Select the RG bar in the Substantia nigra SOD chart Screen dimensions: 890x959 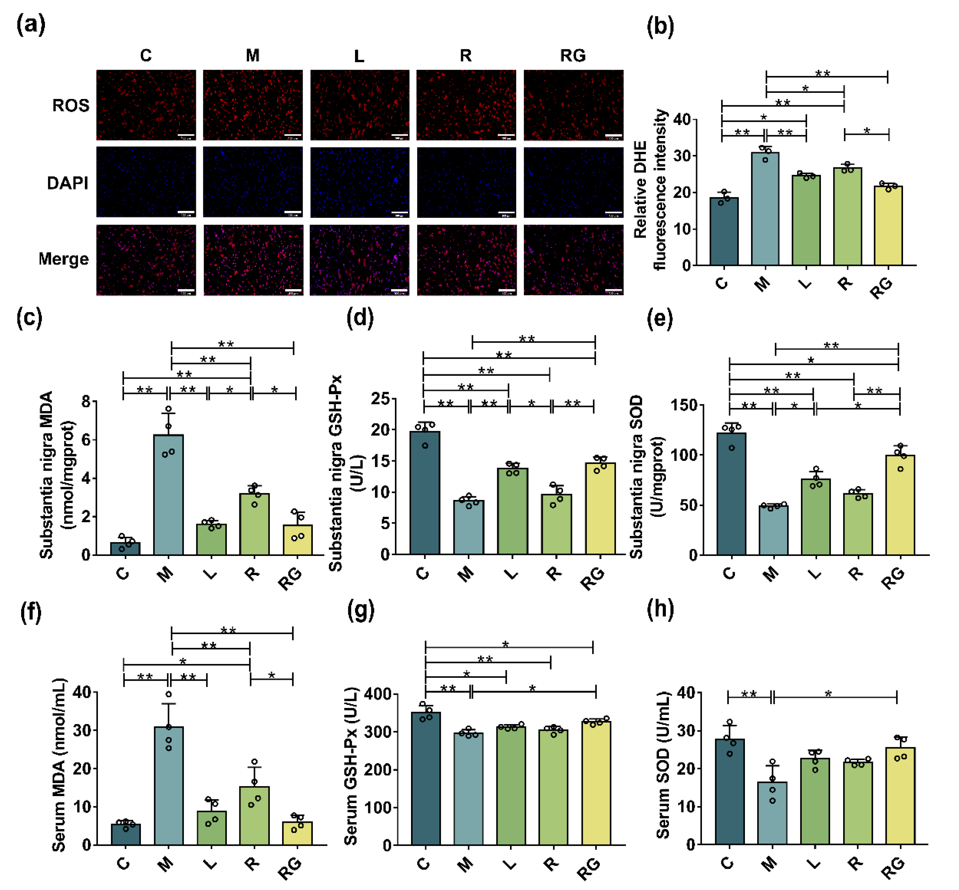pos(900,506)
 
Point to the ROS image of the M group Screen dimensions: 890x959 pos(253,105)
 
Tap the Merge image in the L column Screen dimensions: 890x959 pos(359,260)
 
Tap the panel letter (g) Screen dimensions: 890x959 pos(360,611)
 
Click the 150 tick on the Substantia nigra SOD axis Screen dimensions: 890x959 pos(684,405)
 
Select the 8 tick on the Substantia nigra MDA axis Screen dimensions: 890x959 pos(86,401)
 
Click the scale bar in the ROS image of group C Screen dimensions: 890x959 pos(186,135)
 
